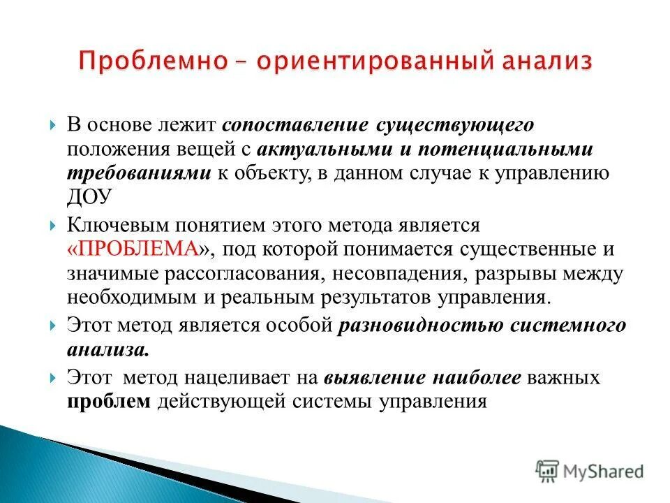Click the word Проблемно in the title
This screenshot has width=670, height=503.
pyautogui.click(x=151, y=61)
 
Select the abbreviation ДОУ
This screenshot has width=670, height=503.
pyautogui.click(x=89, y=197)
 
